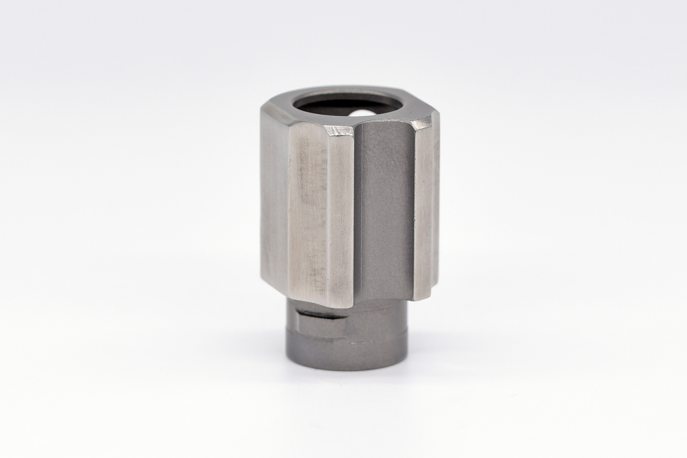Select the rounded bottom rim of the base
tap(347, 368)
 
